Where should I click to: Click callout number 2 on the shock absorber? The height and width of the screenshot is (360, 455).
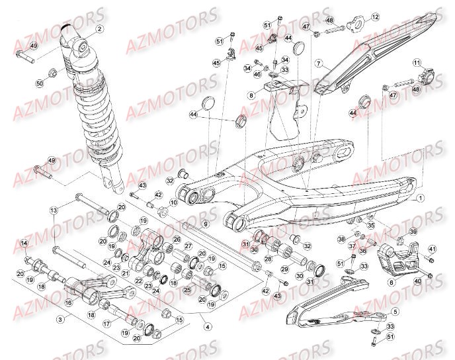99,29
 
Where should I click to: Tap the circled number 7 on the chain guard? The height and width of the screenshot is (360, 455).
318,64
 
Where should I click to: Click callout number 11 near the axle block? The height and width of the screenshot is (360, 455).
417,63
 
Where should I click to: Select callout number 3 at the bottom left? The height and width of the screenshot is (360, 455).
60,319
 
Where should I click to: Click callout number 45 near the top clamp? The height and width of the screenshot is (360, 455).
216,62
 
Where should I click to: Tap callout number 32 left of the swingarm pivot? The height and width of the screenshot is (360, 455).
169,180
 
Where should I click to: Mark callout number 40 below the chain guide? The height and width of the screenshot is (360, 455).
417,281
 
